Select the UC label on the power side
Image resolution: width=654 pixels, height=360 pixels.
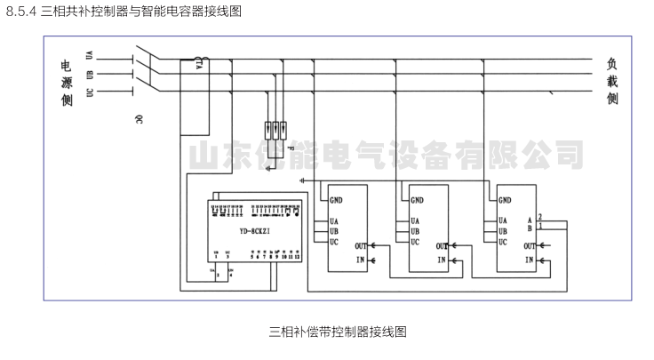tap(89, 92)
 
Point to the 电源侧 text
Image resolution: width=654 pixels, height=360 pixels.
tap(66, 84)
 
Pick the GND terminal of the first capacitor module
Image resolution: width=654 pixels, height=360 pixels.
tap(337, 200)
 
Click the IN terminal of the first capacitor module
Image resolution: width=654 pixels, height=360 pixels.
tap(360, 260)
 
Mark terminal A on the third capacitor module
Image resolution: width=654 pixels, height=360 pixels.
tap(530, 219)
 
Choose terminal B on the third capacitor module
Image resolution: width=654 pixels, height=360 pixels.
tap(530, 228)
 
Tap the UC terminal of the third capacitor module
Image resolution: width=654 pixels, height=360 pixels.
tap(503, 241)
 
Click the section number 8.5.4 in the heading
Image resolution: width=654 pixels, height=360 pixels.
tap(21, 11)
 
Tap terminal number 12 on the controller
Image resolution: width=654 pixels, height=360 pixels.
tap(298, 256)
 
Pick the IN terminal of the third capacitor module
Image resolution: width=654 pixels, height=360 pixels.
tap(529, 260)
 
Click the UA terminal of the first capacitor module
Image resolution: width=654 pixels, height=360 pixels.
tap(333, 220)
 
